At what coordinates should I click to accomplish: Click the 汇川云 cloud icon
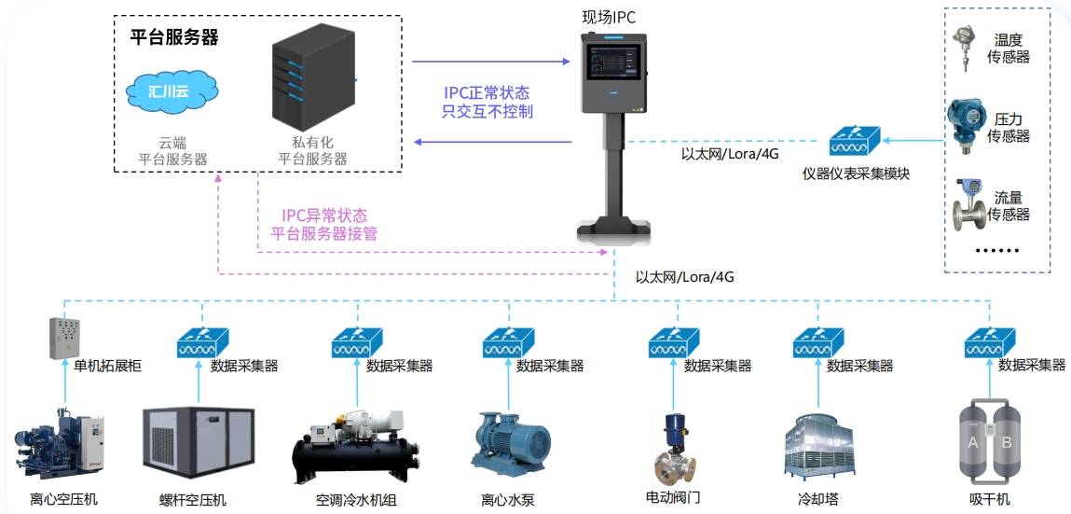point(171,91)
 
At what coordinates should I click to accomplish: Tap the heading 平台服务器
point(174,37)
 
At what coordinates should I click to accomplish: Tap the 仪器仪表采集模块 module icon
point(856,143)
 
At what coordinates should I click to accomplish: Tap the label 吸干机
point(989,499)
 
